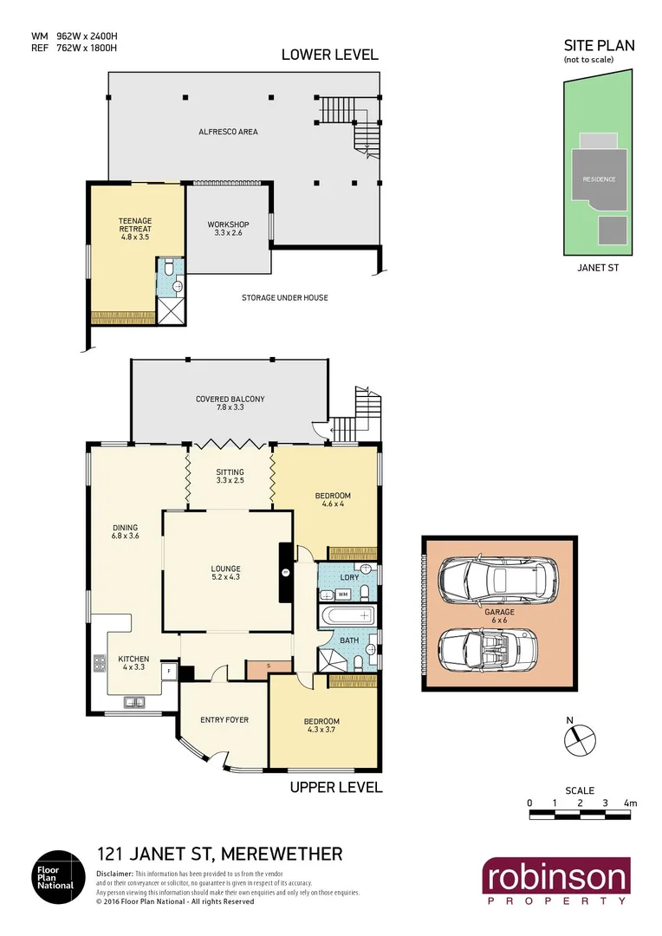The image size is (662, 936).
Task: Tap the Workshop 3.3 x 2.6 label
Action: click(x=228, y=229)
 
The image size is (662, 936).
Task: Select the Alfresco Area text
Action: click(x=227, y=132)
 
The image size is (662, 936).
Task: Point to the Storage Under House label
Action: click(x=284, y=297)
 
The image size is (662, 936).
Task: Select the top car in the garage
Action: click(x=497, y=578)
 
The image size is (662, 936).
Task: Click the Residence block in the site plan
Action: click(x=599, y=179)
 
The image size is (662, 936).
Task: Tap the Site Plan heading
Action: click(x=599, y=46)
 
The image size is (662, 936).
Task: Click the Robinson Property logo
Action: click(x=556, y=881)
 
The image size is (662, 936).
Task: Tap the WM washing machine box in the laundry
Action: click(x=342, y=595)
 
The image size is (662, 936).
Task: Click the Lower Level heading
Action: click(x=329, y=55)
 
